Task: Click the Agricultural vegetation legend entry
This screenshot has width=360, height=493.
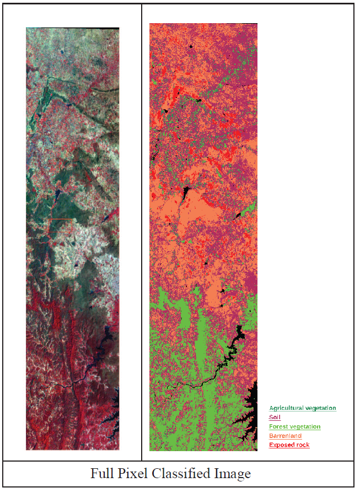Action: pyautogui.click(x=302, y=408)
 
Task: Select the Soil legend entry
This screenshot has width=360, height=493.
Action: pyautogui.click(x=275, y=418)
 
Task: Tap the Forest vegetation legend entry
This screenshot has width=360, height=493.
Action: pyautogui.click(x=294, y=426)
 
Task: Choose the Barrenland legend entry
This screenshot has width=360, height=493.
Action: pyautogui.click(x=285, y=436)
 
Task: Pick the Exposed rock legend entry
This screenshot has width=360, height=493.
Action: pyautogui.click(x=289, y=445)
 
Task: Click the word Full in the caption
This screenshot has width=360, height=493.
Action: pyautogui.click(x=102, y=474)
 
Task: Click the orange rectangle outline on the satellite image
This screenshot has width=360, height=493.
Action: pyautogui.click(x=61, y=220)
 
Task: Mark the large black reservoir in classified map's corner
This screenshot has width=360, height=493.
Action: pyautogui.click(x=251, y=413)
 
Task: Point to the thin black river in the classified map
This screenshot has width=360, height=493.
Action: pyautogui.click(x=198, y=383)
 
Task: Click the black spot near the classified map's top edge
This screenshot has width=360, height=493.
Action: pyautogui.click(x=191, y=47)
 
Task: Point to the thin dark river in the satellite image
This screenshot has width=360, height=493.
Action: pyautogui.click(x=72, y=385)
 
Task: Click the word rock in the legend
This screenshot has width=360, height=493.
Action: pyautogui.click(x=303, y=445)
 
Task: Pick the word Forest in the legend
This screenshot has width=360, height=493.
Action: pyautogui.click(x=278, y=426)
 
